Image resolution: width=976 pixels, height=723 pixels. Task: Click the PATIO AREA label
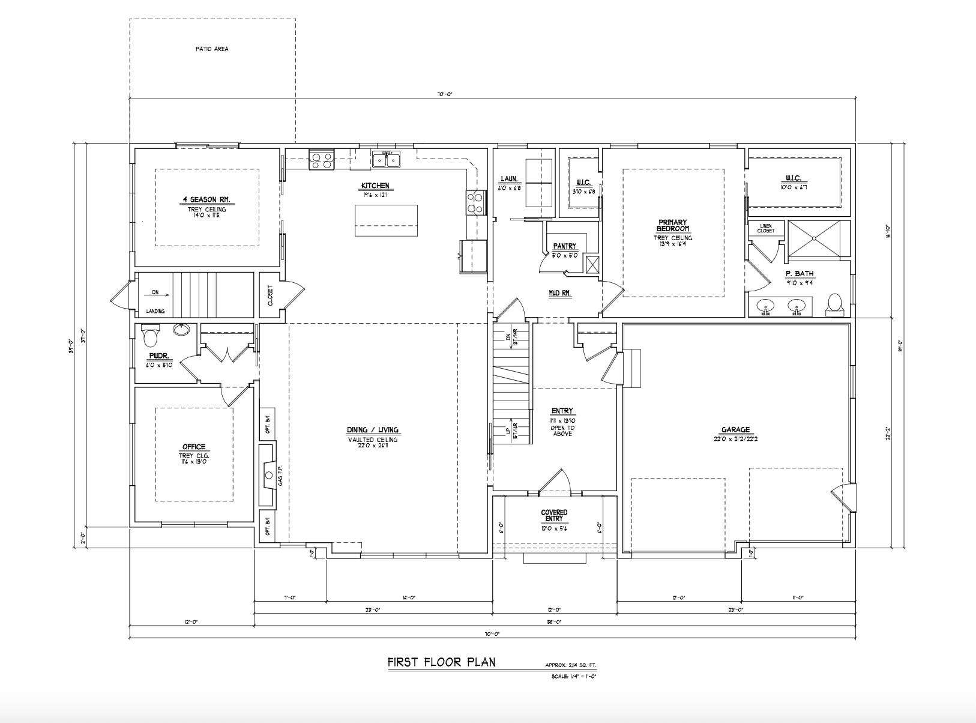click(x=211, y=49)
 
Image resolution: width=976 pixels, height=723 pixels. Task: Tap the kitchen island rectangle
click(x=386, y=220)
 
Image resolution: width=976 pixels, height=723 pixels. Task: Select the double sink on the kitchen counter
click(x=386, y=160)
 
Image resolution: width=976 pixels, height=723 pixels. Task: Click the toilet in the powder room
click(x=150, y=336)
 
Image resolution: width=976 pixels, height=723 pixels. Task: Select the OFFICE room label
click(x=194, y=447)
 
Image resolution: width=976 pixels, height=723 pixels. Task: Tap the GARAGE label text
click(x=735, y=430)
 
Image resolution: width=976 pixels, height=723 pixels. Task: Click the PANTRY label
click(x=564, y=246)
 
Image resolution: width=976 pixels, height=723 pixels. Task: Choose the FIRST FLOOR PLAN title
click(x=441, y=662)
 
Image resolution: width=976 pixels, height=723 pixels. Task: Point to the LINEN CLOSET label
click(x=765, y=228)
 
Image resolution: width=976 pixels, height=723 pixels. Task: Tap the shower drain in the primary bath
click(x=814, y=238)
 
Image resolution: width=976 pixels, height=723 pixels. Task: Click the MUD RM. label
click(x=559, y=294)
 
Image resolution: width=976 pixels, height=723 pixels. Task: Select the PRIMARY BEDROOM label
click(x=672, y=226)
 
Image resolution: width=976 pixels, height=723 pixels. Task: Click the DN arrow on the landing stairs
click(x=158, y=294)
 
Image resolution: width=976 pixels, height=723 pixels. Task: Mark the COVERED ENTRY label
click(x=554, y=515)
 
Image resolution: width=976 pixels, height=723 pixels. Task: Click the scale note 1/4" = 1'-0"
click(x=574, y=676)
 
